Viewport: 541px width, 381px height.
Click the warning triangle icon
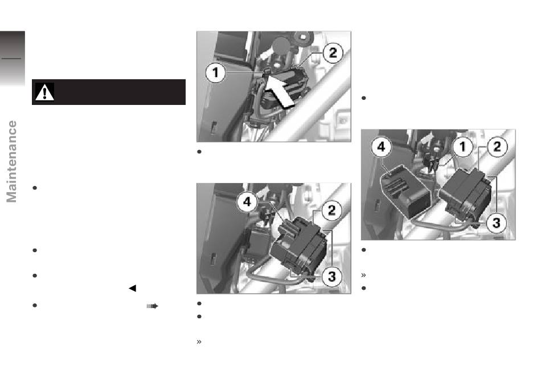(x=44, y=92)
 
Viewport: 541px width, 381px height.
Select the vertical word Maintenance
(x=12, y=161)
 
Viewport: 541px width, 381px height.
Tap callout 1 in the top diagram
(x=216, y=72)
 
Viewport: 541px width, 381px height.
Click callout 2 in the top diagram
(x=333, y=53)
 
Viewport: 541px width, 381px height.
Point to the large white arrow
(x=280, y=92)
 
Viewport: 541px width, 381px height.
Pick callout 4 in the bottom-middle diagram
(x=247, y=201)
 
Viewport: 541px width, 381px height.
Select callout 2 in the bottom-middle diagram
(x=331, y=210)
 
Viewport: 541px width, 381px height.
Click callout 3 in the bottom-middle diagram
(x=332, y=276)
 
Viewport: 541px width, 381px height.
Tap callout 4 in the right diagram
(x=381, y=147)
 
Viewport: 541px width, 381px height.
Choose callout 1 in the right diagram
(x=462, y=147)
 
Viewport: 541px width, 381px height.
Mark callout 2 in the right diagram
(x=497, y=147)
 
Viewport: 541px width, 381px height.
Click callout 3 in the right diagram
(x=496, y=223)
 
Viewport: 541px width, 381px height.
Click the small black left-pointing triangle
(x=133, y=288)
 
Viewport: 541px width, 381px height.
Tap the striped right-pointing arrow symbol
(x=152, y=306)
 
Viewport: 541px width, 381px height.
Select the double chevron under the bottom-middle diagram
(x=199, y=342)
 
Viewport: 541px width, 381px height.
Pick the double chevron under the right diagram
(x=363, y=275)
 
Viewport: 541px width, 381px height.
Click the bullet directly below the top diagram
(x=199, y=152)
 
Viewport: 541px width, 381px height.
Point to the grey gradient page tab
(x=13, y=58)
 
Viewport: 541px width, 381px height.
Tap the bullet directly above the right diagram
(x=363, y=98)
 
